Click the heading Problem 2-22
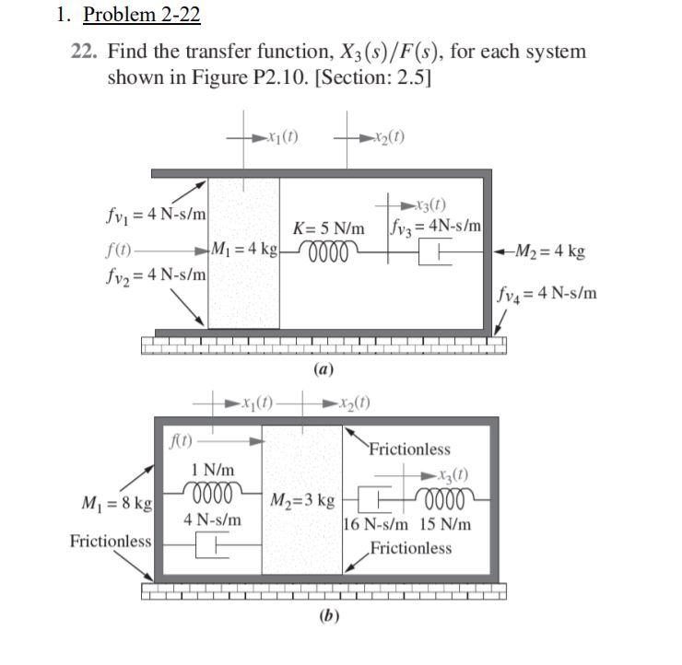[x=141, y=15]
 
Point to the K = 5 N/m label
[x=328, y=227]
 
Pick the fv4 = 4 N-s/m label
[x=547, y=294]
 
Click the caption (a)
[x=323, y=369]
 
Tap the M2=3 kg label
[x=301, y=501]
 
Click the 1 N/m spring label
[x=211, y=470]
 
